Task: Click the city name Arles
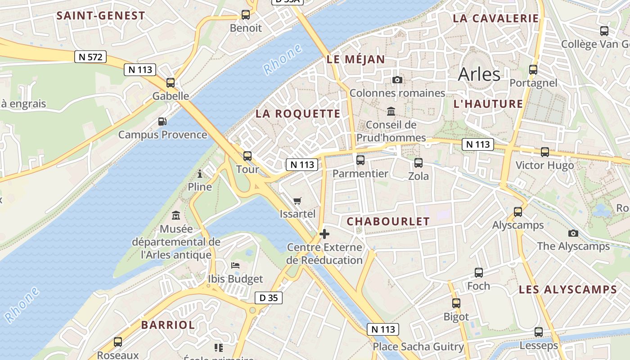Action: [479, 74]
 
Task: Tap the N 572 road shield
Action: [90, 57]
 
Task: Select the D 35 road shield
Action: [269, 297]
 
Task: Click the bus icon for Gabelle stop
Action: [171, 83]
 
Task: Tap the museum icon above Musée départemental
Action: [176, 216]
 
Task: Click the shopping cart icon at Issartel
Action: [297, 201]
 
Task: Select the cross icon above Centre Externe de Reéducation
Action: [324, 234]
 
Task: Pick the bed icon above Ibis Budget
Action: [235, 265]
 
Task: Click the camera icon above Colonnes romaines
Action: [397, 80]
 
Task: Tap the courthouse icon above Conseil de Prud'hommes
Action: [391, 111]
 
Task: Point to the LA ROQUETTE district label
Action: [298, 114]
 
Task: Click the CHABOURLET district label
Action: [388, 221]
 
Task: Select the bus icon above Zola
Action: [418, 162]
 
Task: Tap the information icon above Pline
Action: [200, 174]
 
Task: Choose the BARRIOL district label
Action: [168, 325]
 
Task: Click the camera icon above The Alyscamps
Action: [573, 233]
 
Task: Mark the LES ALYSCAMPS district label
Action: [567, 290]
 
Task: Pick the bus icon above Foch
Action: [479, 272]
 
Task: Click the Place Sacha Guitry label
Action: [418, 346]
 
